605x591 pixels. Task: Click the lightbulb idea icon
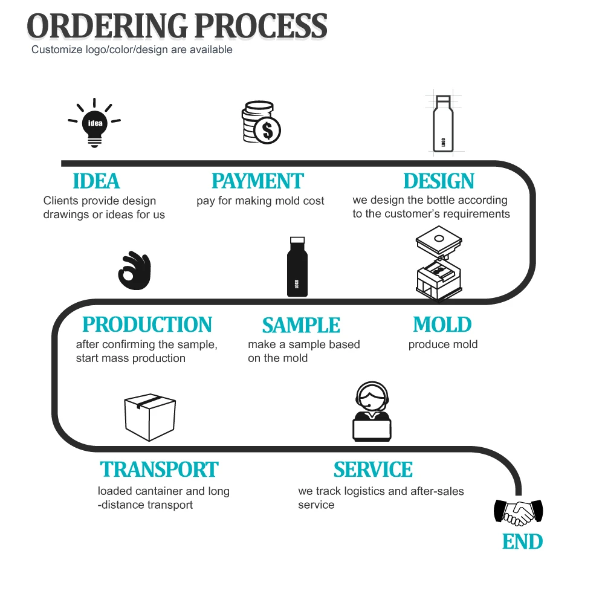[94, 123]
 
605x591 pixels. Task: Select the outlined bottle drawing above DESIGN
[442, 123]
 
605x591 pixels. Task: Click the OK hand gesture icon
[134, 270]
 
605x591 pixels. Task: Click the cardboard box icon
[149, 416]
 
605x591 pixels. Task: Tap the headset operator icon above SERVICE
[372, 413]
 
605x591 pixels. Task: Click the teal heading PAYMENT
[257, 181]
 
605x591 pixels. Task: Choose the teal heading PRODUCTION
[147, 325]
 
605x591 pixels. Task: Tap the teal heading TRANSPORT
[159, 470]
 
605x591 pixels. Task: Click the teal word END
[522, 541]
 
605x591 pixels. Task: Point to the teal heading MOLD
[442, 325]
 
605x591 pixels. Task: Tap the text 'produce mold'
[442, 344]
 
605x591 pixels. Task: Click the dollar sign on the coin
[267, 129]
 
